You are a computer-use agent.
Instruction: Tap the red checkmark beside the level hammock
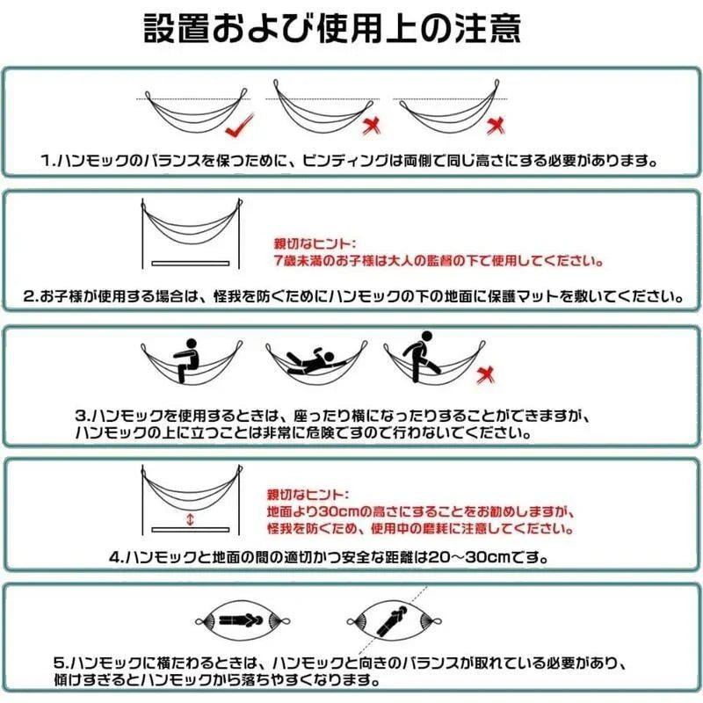[x=237, y=129]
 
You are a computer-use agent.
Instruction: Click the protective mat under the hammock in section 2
[x=190, y=263]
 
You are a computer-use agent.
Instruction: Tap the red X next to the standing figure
[x=482, y=377]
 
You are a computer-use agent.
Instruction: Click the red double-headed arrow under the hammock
[x=190, y=520]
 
